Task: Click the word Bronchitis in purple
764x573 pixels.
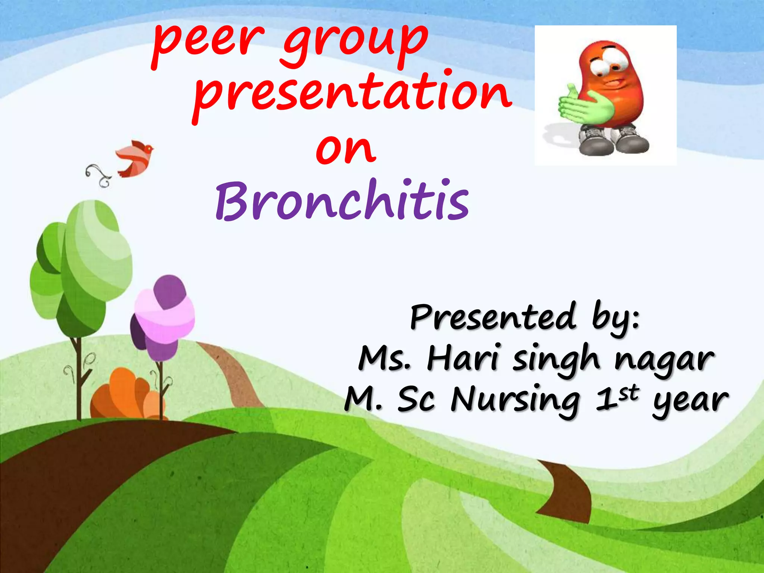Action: pyautogui.click(x=342, y=201)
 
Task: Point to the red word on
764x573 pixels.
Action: pyautogui.click(x=345, y=149)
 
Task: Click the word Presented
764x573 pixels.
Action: pyautogui.click(x=492, y=317)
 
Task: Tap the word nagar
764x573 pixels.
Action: pyautogui.click(x=664, y=360)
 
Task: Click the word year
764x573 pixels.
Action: pyautogui.click(x=690, y=401)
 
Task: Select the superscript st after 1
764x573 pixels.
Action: pyautogui.click(x=628, y=394)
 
